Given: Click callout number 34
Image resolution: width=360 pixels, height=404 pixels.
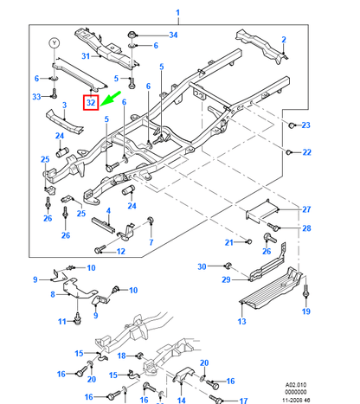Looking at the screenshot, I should point(172,35).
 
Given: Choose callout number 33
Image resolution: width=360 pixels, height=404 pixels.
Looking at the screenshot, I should point(36,97).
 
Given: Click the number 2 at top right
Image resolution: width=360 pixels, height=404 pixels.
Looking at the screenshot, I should point(283,40).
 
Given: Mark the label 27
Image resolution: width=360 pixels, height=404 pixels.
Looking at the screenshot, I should point(305,209).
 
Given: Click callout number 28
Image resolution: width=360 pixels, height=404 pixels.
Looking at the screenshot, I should point(305,228).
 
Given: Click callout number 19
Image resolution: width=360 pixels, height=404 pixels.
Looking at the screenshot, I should point(305,311).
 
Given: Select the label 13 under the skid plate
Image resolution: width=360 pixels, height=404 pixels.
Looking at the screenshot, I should point(241,321).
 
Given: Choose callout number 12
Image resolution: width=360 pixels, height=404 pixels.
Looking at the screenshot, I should point(120,252).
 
